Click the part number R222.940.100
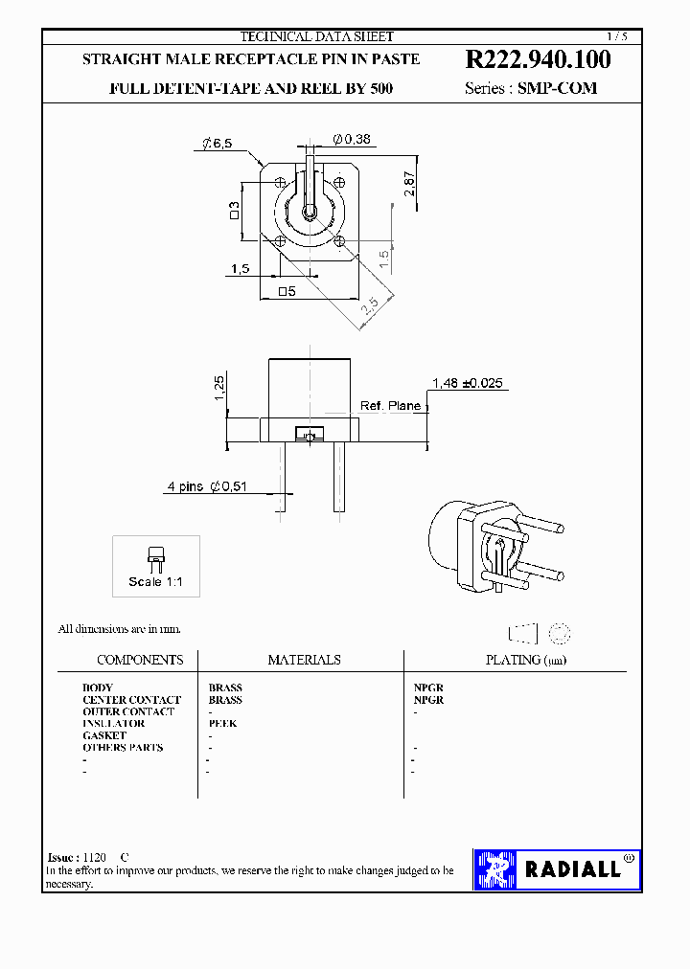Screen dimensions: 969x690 (538, 59)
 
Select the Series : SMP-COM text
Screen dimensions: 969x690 (530, 88)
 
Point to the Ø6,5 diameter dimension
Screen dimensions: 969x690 (218, 144)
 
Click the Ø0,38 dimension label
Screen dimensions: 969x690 (352, 140)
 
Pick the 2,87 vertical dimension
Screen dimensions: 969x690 (409, 184)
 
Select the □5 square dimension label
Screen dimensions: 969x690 (285, 291)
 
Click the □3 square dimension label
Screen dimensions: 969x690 (233, 210)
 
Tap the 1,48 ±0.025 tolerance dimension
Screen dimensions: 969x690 (467, 383)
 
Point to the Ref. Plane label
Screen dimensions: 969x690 (390, 406)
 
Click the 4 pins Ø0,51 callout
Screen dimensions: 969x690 (207, 486)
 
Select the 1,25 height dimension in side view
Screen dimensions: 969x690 (219, 387)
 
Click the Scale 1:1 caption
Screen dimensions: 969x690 (156, 582)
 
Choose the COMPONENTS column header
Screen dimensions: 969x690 (140, 660)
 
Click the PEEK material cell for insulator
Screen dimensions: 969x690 (222, 724)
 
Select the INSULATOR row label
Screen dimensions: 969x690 (113, 724)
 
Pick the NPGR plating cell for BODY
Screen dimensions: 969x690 (427, 687)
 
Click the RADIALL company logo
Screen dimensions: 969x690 (557, 869)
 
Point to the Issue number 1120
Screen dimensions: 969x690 (94, 858)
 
